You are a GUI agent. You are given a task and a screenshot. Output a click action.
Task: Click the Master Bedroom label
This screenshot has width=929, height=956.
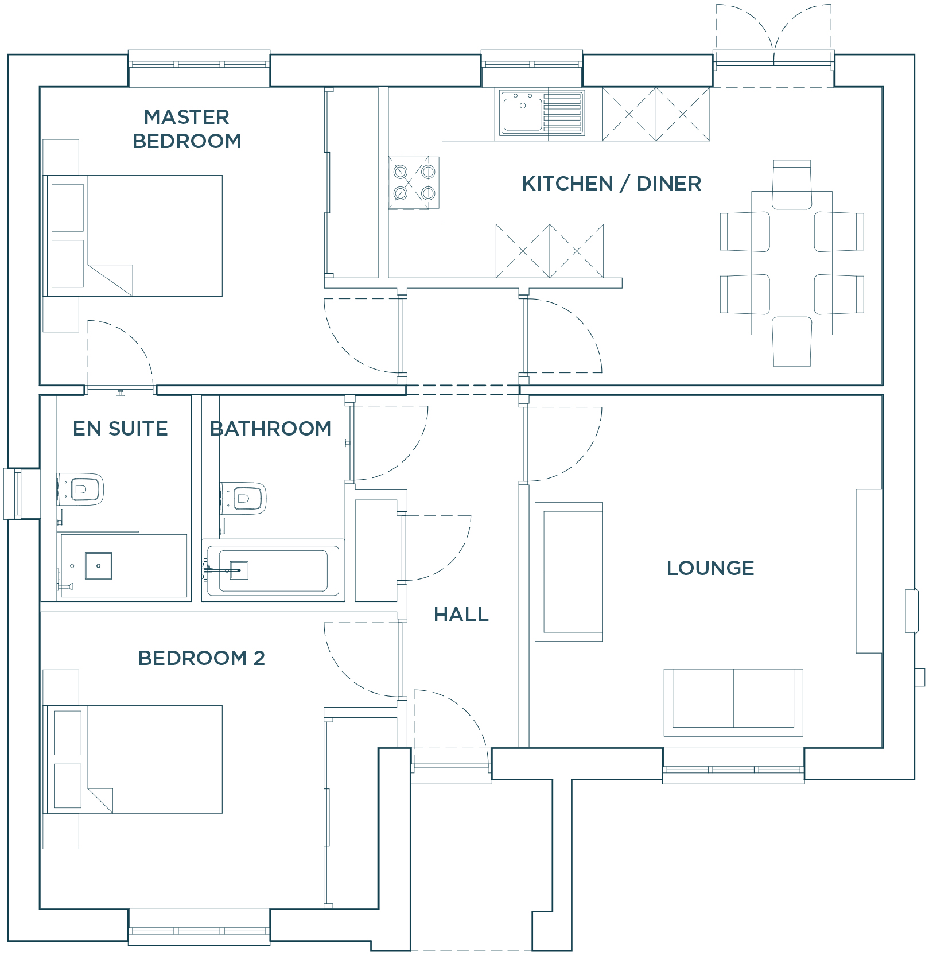186,129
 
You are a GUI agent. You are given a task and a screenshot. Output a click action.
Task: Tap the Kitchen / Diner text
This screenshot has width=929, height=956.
611,184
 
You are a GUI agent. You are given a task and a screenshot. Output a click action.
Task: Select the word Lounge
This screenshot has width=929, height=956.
710,568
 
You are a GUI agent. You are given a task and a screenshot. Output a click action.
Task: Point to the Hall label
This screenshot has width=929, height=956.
461,615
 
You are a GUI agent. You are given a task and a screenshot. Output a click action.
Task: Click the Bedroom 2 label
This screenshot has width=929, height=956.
201,658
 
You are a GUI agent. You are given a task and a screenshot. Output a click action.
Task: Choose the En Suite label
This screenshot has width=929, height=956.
120,429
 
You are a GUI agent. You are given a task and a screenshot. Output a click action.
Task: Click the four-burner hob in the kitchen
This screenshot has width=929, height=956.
414,182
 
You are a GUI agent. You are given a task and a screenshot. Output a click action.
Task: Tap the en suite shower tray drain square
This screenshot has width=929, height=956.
99,566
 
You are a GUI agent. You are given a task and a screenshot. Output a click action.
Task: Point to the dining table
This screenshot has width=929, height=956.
792,263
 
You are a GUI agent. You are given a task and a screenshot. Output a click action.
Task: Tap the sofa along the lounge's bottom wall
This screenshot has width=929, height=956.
733,702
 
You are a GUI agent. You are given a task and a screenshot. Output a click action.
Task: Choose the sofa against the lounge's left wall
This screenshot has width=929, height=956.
569,572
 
